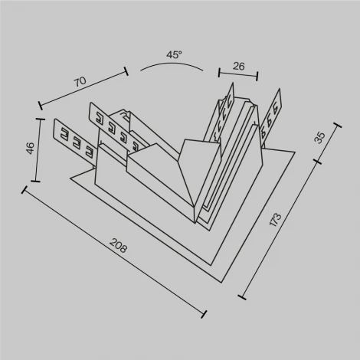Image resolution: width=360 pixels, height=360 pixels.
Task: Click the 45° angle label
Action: [174, 54]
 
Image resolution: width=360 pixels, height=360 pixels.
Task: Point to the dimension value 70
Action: [79, 79]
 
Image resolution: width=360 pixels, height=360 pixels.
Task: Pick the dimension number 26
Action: [238, 67]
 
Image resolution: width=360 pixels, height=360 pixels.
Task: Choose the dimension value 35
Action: [320, 137]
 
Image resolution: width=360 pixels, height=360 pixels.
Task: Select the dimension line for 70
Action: [83, 89]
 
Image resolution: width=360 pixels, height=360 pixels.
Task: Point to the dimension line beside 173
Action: [280, 230]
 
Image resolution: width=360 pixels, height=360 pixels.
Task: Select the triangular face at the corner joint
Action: [199, 172]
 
